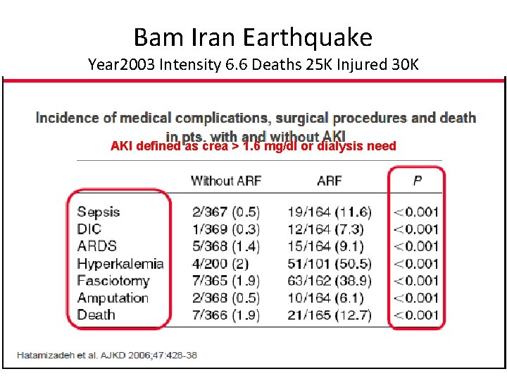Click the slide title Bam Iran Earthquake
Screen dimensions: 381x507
click(x=253, y=37)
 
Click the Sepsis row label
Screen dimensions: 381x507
click(x=99, y=212)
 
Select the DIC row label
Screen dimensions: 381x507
click(x=89, y=229)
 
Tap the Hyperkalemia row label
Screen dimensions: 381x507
click(x=120, y=264)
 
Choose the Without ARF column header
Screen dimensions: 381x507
click(x=225, y=181)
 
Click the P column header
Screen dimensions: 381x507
click(x=417, y=181)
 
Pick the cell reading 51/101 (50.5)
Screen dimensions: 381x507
click(x=329, y=264)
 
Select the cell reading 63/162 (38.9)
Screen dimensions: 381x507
click(x=329, y=281)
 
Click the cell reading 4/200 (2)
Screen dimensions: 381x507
click(x=220, y=264)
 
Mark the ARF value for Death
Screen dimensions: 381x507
click(x=329, y=315)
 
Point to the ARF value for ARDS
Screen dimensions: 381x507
click(x=325, y=246)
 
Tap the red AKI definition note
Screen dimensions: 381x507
click(x=254, y=147)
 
